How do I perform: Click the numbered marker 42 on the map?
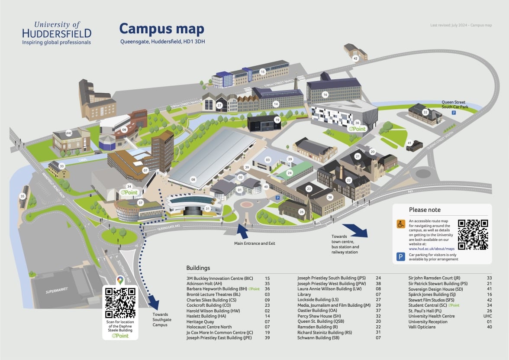(x=355, y=58)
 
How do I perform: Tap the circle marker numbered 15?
(x=262, y=71)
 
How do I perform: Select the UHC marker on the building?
(x=68, y=133)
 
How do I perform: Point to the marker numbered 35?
(x=23, y=196)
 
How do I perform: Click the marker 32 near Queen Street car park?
(x=425, y=112)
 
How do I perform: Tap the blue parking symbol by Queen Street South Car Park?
(x=454, y=112)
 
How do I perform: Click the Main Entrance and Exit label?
(x=254, y=243)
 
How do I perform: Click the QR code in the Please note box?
(x=473, y=234)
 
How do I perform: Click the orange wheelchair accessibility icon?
(x=401, y=224)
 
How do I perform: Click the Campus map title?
(x=161, y=29)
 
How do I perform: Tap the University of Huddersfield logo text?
(x=57, y=32)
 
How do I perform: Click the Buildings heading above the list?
(x=198, y=268)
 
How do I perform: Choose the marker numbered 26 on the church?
(x=302, y=212)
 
